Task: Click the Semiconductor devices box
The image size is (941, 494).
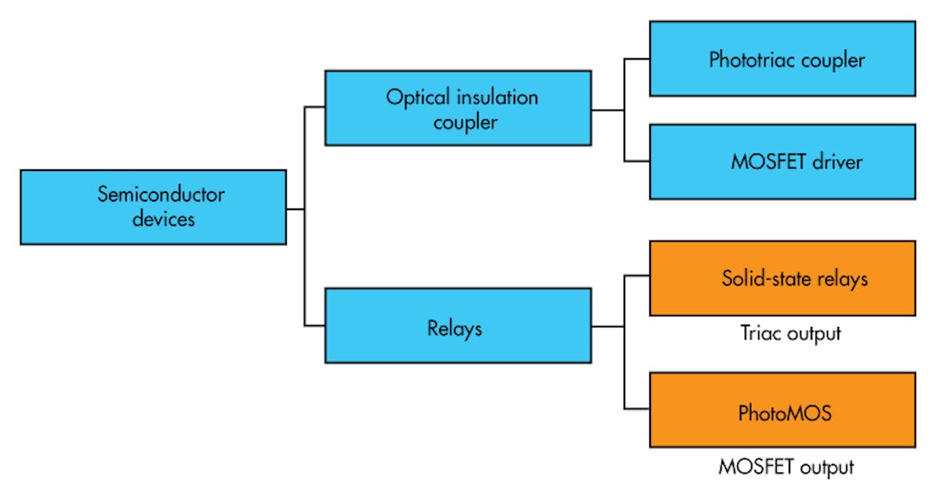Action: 153,207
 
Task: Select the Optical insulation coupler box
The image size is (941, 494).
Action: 458,108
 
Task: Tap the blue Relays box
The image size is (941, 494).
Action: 458,325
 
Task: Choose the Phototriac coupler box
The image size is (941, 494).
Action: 782,59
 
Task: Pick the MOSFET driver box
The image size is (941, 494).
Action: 782,162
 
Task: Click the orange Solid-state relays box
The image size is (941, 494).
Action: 782,278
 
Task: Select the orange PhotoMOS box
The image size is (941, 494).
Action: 782,410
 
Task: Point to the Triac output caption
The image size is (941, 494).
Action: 790,333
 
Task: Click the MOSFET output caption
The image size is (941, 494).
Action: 786,467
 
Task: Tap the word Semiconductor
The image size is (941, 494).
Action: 161,194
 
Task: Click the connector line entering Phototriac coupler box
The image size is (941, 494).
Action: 637,59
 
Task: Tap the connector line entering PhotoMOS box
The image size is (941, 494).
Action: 637,409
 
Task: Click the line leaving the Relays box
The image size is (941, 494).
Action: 607,325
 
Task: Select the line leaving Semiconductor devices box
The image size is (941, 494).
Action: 295,209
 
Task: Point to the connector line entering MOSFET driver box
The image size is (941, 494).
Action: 637,162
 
